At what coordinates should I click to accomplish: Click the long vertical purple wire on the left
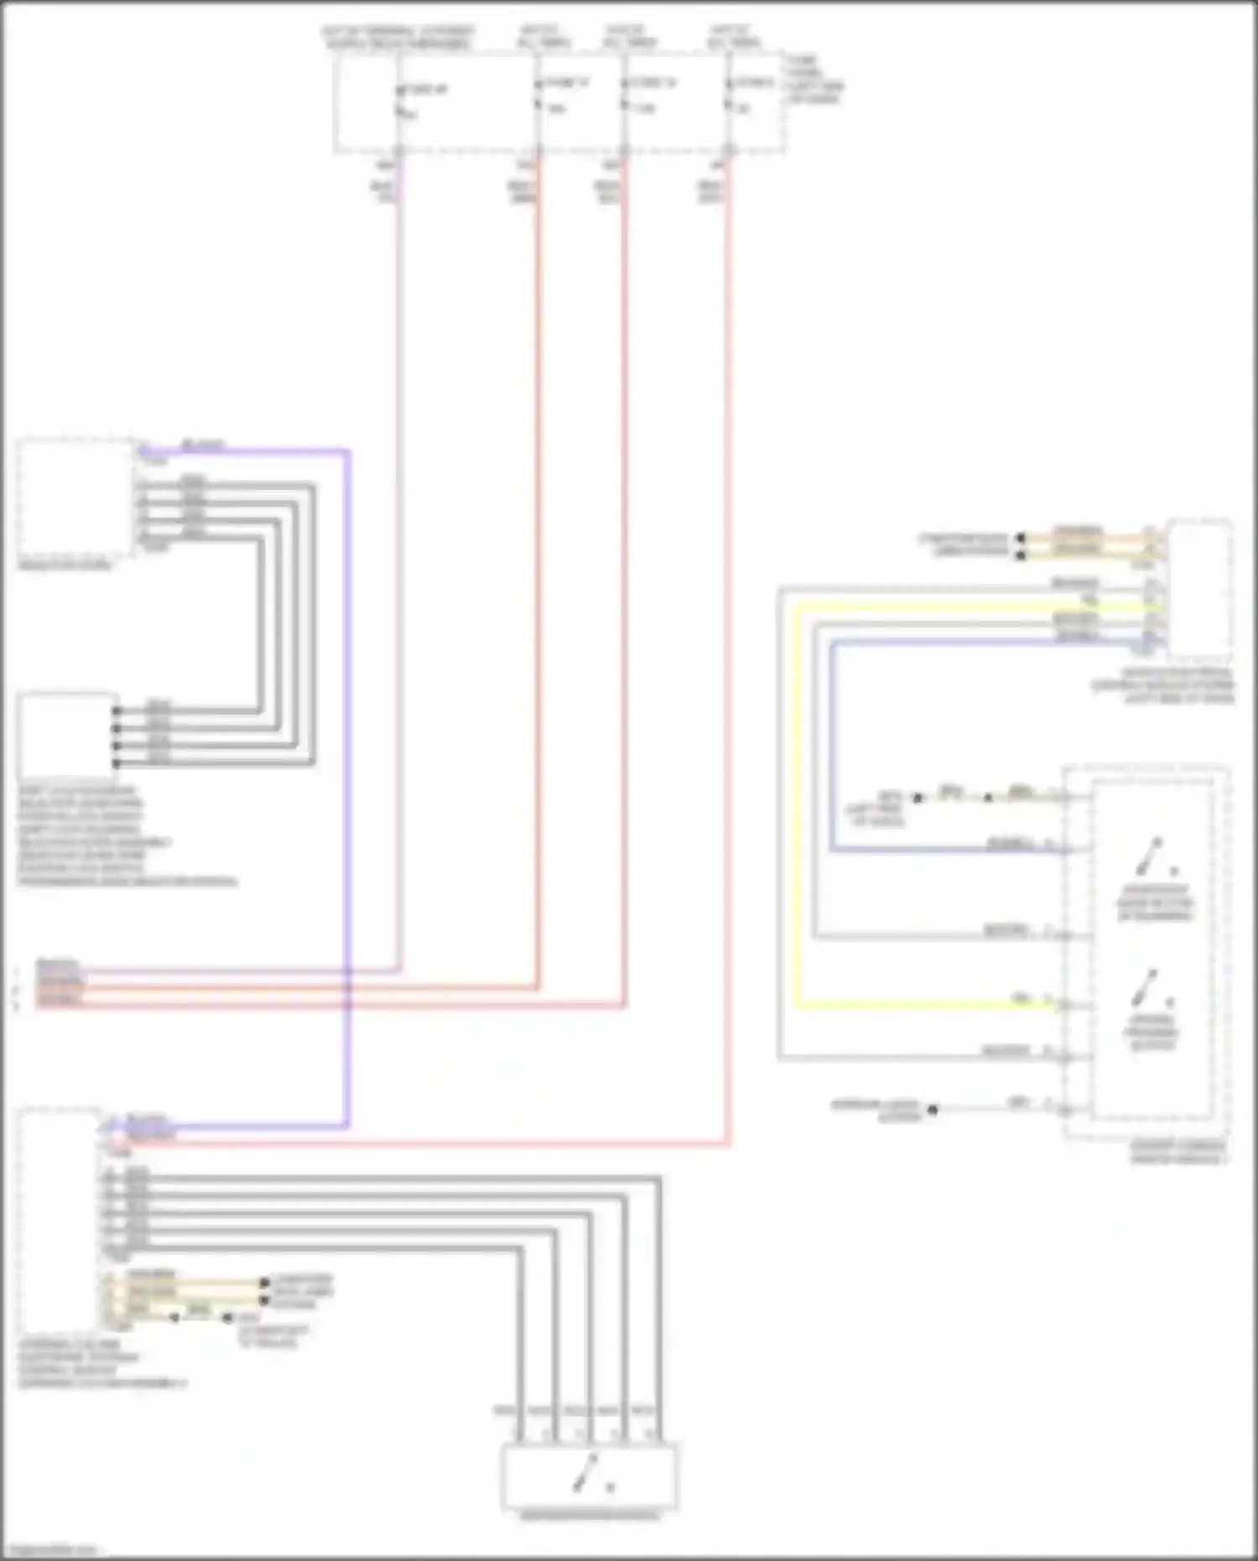(x=346, y=755)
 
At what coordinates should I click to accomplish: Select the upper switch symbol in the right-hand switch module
(x=1150, y=857)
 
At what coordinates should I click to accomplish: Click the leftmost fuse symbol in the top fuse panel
(x=400, y=101)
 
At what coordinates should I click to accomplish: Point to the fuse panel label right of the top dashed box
(x=814, y=80)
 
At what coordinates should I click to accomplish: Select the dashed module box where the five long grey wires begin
(x=59, y=1216)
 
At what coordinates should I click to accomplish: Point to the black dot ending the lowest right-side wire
(x=932, y=1109)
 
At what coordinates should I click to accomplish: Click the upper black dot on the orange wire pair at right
(x=1021, y=538)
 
